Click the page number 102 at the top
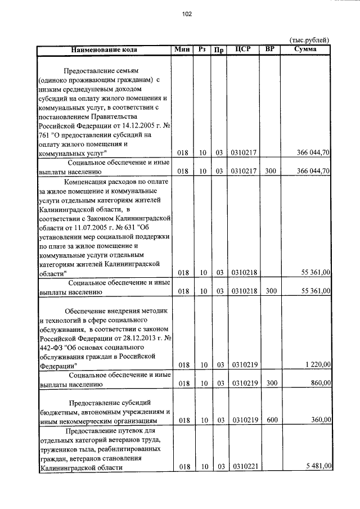pyautogui.click(x=187, y=15)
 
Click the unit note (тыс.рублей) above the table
pyautogui.click(x=309, y=40)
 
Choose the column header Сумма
pyautogui.click(x=305, y=49)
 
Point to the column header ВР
pyautogui.click(x=271, y=49)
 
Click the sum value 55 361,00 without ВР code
pyautogui.click(x=316, y=272)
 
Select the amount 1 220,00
pyautogui.click(x=318, y=365)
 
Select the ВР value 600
pyautogui.click(x=271, y=420)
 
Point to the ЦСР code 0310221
pyautogui.click(x=244, y=466)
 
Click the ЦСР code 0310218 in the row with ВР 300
pyautogui.click(x=244, y=291)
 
